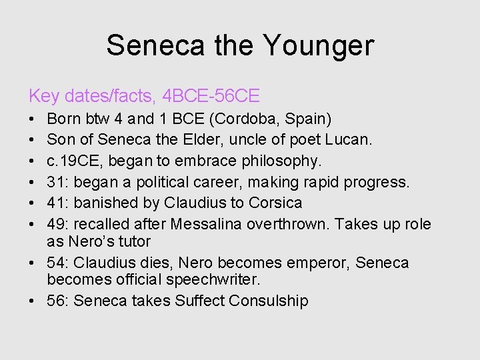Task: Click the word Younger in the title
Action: [319, 45]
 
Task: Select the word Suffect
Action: [199, 301]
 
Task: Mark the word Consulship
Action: [269, 301]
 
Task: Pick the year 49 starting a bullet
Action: [55, 224]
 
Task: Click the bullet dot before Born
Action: [33, 120]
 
